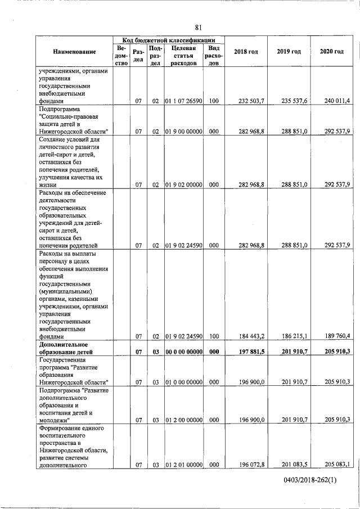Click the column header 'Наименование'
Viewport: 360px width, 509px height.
pyautogui.click(x=75, y=52)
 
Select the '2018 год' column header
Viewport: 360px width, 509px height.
pyautogui.click(x=246, y=52)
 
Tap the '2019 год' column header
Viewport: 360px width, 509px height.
pyautogui.click(x=289, y=52)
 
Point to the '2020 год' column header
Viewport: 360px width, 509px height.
pyautogui.click(x=332, y=52)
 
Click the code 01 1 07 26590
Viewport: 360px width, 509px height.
pyautogui.click(x=183, y=101)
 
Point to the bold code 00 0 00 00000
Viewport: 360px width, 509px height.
pyautogui.click(x=183, y=352)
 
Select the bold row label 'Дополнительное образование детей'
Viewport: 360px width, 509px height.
pyautogui.click(x=69, y=348)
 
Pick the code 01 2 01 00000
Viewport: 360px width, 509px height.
pyautogui.click(x=183, y=464)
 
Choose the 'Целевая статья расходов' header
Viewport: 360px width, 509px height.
pyautogui.click(x=183, y=56)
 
